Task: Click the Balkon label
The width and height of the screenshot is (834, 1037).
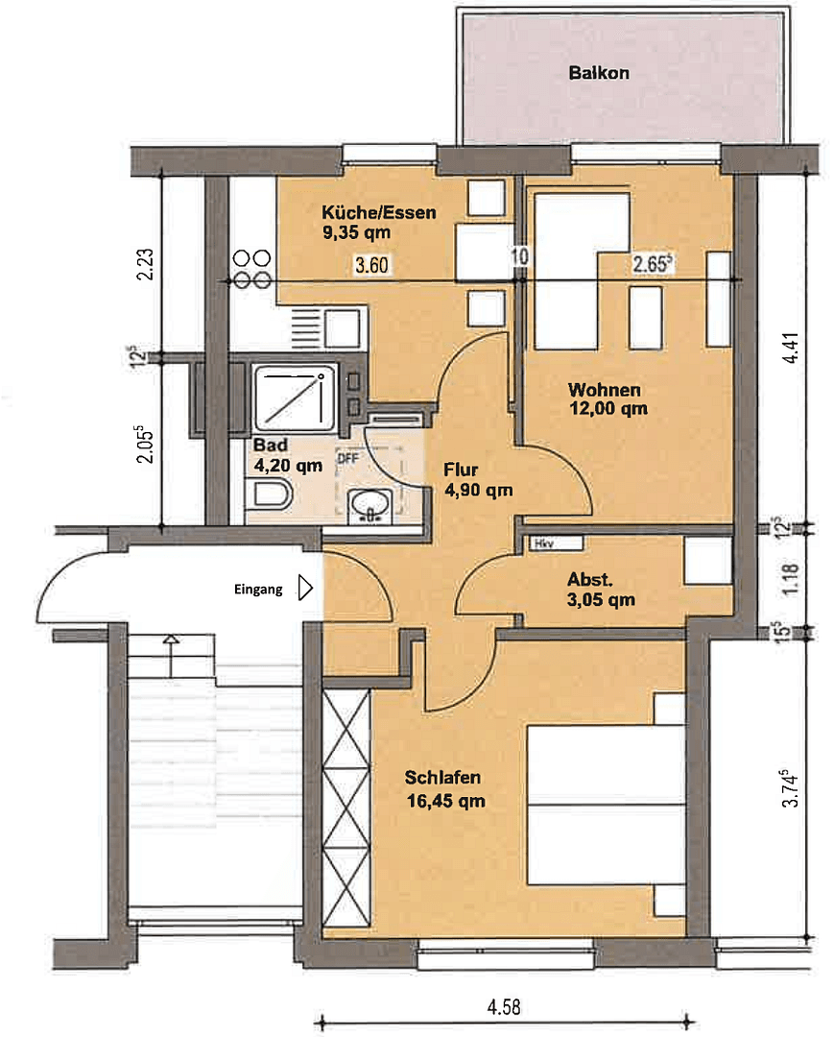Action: tap(599, 73)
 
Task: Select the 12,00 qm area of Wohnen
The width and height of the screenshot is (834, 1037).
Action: tap(608, 408)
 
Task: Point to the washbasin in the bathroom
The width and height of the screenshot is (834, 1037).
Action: tap(369, 504)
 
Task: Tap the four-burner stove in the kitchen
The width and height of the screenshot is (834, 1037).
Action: tap(251, 269)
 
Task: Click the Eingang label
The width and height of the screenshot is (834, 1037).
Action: tap(258, 591)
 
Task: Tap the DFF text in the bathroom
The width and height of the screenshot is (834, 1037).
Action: tap(347, 459)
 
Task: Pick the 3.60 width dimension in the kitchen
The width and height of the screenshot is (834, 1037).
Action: tap(371, 267)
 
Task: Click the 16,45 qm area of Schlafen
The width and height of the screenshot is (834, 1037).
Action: tap(444, 799)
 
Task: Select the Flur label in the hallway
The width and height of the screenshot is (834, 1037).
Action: tap(461, 470)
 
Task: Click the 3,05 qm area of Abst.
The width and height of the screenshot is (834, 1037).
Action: tap(601, 601)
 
